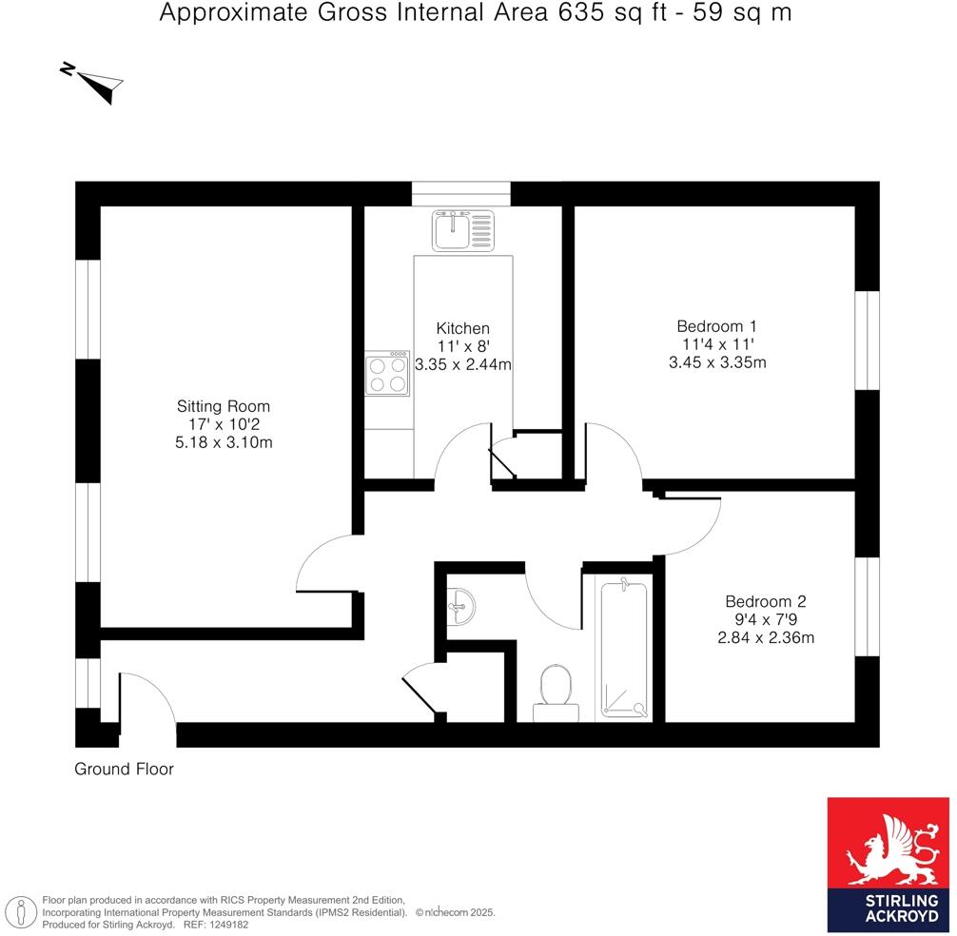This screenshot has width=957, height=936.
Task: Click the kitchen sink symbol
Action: [x=463, y=230]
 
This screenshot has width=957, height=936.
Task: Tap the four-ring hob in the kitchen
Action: [x=387, y=374]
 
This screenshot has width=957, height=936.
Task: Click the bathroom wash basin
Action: [x=461, y=604]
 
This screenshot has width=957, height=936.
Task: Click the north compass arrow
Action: [x=95, y=82]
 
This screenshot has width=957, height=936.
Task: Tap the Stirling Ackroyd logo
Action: [x=889, y=864]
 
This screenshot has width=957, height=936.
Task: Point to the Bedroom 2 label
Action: [x=765, y=601]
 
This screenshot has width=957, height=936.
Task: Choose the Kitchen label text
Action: [x=463, y=328]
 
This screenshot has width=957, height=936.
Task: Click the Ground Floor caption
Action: [x=125, y=770]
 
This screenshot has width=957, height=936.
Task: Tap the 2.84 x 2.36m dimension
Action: [x=765, y=637]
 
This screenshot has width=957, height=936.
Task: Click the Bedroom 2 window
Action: [x=867, y=607]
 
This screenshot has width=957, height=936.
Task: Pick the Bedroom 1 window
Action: [x=867, y=341]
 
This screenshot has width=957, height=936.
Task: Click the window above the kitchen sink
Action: [x=461, y=194]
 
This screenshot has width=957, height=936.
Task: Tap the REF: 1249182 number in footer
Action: [x=208, y=924]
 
